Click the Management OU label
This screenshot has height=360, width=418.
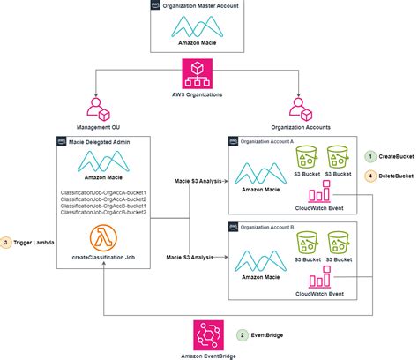coord(90,126)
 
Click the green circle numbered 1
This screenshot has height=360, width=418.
coord(370,157)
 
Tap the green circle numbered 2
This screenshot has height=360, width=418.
coord(243,335)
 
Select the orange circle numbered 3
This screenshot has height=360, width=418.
coord(9,243)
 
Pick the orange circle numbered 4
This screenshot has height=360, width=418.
coord(370,176)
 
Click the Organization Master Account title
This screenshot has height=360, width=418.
coord(210,7)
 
